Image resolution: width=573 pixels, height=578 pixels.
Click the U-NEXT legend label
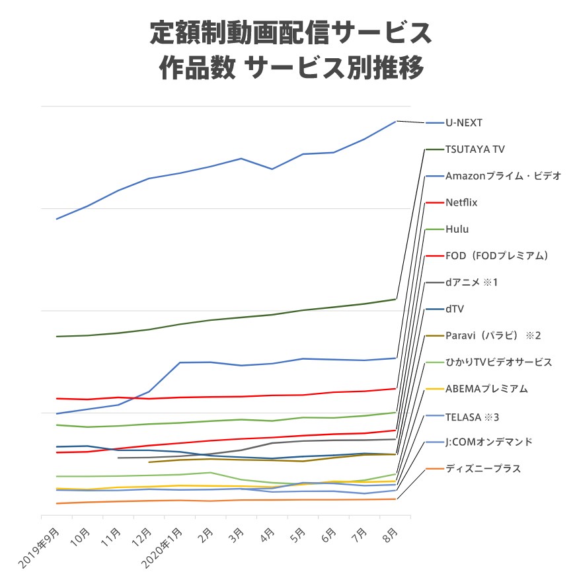(463, 123)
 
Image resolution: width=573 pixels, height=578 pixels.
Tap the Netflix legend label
(461, 202)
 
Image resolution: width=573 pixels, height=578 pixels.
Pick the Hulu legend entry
(457, 229)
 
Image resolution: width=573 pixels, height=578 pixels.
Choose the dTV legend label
(455, 309)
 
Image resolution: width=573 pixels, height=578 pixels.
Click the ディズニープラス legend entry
(482, 468)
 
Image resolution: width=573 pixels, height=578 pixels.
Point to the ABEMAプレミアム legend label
(486, 388)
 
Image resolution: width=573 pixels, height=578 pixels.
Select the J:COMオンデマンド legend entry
(488, 441)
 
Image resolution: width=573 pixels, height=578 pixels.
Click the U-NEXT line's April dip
(272, 169)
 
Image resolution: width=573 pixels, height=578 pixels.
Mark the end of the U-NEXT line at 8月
(395, 121)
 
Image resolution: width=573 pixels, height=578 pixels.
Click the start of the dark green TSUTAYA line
(57, 336)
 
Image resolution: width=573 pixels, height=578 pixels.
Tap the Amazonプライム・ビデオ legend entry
(503, 176)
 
